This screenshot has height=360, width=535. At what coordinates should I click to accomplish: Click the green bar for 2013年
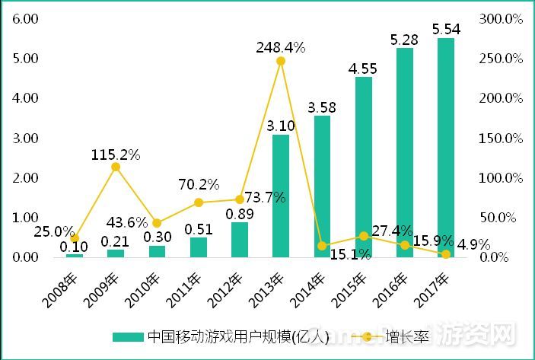(x=281, y=196)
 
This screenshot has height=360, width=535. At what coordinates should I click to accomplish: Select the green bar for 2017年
(x=445, y=148)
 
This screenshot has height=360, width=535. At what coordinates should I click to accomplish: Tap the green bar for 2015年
(x=363, y=167)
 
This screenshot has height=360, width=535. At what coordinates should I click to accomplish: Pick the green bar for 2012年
(x=239, y=239)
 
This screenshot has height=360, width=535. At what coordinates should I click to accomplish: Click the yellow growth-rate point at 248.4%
(x=281, y=61)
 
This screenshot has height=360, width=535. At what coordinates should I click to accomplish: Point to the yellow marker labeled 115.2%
(x=116, y=167)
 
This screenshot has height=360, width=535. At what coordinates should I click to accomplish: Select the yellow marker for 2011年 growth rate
(x=199, y=202)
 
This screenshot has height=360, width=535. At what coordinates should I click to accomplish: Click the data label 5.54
(x=446, y=29)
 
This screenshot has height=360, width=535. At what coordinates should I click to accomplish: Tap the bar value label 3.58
(x=322, y=107)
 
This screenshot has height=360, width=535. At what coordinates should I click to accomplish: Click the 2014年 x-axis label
(x=309, y=288)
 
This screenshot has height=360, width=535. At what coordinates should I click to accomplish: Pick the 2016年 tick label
(x=391, y=288)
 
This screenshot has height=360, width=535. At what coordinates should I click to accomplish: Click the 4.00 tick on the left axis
(x=24, y=98)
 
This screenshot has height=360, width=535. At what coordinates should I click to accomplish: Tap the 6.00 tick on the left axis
(x=24, y=18)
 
